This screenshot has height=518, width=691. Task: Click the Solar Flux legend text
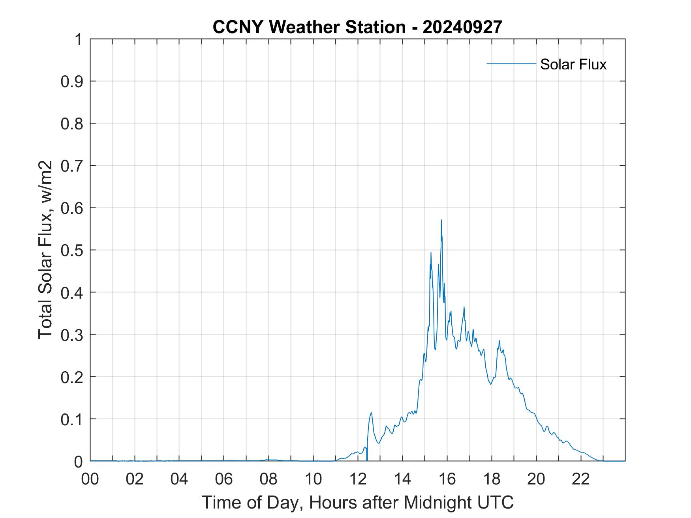coord(573,64)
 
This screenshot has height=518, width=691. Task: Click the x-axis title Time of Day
coord(357,502)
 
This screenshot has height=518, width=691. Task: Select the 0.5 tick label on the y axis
coord(72,250)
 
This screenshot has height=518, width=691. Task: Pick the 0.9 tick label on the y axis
coord(72,81)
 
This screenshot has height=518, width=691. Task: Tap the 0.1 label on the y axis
coord(72,419)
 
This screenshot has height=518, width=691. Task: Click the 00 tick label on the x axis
coord(90,479)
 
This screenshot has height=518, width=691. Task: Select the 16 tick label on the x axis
coord(447,479)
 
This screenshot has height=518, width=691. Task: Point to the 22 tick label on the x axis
coord(581,479)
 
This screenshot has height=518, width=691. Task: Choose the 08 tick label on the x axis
coord(269,479)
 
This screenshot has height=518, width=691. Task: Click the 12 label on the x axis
coord(358,479)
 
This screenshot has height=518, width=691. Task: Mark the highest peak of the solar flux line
coord(441,220)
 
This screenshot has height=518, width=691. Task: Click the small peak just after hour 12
coord(371,413)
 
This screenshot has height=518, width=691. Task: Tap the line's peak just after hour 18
coord(499,341)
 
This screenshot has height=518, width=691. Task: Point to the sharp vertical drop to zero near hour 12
coord(367,454)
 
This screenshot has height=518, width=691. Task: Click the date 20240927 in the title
coord(462,27)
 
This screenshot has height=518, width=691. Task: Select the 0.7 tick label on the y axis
coord(72,166)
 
